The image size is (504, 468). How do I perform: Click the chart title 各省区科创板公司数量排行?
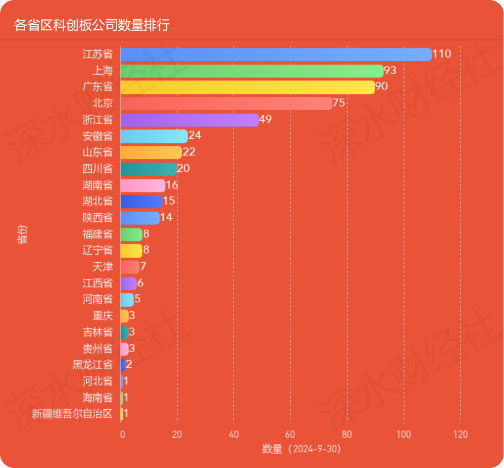click(91, 24)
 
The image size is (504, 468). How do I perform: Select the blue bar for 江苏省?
click(275, 55)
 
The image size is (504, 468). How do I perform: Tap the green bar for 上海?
click(252, 71)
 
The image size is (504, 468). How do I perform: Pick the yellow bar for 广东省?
click(247, 87)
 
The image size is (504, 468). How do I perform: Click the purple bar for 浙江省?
click(189, 120)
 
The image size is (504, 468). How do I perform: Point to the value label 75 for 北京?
click(339, 103)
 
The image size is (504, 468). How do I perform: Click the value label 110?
click(441, 54)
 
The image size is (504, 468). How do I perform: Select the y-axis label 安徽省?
click(98, 136)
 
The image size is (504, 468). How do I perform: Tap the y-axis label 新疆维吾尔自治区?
click(72, 414)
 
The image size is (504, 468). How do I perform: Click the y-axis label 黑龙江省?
click(92, 365)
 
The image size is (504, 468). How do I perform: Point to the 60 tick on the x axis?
click(290, 434)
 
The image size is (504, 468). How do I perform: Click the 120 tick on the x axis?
click(460, 434)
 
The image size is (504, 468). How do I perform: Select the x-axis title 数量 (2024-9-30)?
click(301, 449)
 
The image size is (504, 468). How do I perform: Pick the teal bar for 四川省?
click(148, 169)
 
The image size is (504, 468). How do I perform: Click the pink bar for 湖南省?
click(142, 185)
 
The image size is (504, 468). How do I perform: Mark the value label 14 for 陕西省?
click(166, 218)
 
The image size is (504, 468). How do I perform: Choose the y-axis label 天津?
click(103, 267)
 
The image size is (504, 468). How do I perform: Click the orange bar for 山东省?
click(151, 152)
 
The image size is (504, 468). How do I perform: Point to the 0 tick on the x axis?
click(122, 434)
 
